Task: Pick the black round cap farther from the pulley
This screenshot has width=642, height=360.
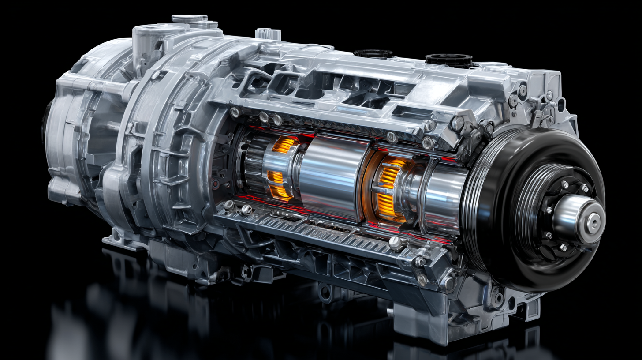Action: point(373,53)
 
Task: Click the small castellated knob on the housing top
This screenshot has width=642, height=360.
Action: point(262,33)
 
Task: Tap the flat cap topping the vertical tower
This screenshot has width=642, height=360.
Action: point(190,19)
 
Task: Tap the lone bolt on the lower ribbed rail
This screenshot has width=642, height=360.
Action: point(395,242)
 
